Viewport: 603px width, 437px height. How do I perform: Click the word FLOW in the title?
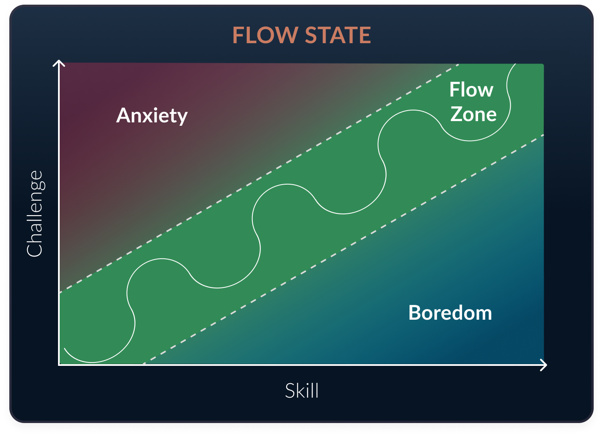tap(266, 36)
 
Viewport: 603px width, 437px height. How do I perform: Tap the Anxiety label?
tap(152, 115)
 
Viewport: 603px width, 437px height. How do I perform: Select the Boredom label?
tap(450, 313)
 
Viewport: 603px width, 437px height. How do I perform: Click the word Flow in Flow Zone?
tap(471, 90)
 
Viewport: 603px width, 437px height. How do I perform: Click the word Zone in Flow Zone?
tap(473, 114)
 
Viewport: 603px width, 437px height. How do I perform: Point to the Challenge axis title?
tap(35, 213)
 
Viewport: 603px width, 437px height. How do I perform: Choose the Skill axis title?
tap(301, 390)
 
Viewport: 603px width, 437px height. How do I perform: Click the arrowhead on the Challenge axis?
tap(59, 64)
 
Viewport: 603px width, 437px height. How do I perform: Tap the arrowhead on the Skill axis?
tap(544, 365)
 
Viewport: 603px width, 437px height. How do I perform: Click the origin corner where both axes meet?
tap(59, 364)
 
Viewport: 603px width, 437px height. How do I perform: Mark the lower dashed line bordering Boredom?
tap(343, 250)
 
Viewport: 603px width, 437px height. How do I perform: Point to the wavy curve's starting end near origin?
tap(65, 349)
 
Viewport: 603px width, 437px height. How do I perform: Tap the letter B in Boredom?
tap(415, 313)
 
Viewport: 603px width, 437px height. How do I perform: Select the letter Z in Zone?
tap(456, 114)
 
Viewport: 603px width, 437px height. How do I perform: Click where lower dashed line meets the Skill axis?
tap(143, 364)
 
